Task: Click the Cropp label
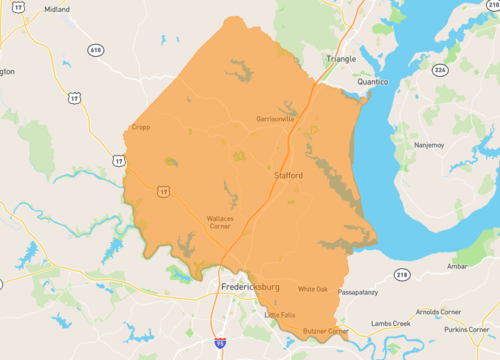141,127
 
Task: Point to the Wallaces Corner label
220,222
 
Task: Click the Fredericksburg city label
250,288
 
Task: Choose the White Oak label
313,288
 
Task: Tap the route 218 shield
401,273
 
